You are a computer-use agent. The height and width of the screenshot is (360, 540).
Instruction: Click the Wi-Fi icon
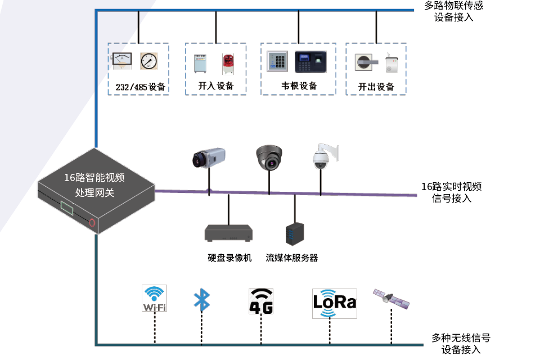coord(154,298)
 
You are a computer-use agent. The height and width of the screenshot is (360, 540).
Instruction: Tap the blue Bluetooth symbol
coord(202,300)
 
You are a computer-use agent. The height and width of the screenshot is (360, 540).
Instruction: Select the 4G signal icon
coord(261,301)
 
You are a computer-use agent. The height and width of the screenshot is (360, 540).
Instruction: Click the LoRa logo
coord(334,303)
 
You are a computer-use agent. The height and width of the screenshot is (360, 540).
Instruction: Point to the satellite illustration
coord(391,298)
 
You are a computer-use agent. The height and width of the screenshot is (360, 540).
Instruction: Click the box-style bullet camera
coord(209,157)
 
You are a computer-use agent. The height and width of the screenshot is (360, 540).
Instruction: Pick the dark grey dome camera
coord(269,157)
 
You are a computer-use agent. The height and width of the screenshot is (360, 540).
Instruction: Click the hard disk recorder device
coord(229,233)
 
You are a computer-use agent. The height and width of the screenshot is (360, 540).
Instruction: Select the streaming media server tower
coord(295,234)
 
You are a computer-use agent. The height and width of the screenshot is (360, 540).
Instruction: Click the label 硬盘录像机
coord(229,258)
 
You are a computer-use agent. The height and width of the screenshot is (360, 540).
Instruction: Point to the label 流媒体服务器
coord(292,258)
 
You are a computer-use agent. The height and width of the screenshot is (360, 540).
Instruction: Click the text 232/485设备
coord(140,87)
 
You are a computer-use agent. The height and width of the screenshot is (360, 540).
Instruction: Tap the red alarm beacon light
coord(228,64)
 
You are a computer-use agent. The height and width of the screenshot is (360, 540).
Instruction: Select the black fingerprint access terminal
coord(310,62)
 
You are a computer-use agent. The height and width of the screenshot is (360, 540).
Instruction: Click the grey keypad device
coord(277,61)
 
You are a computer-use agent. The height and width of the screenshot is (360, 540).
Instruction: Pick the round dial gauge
coord(148,61)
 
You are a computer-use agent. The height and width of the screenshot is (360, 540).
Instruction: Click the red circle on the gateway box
coord(92,223)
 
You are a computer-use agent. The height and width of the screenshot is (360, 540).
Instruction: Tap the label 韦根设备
coord(299,85)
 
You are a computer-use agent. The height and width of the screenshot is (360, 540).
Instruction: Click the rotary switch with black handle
coord(366,62)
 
